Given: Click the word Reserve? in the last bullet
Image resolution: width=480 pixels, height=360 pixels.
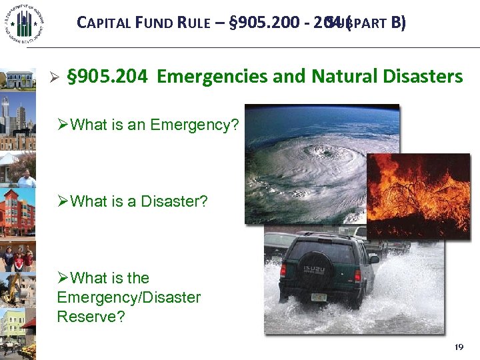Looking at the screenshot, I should pos(91,316).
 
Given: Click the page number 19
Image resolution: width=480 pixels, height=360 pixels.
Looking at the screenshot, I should pos(457,347).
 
